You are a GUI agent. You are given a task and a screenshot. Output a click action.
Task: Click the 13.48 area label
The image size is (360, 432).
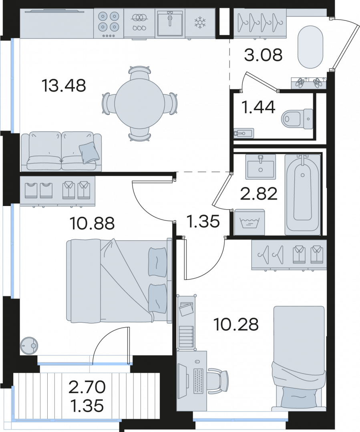tap(64, 85)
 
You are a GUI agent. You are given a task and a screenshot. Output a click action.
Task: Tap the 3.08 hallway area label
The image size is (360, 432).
tap(263, 55)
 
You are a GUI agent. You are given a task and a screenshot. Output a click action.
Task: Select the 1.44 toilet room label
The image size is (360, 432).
tap(258, 107)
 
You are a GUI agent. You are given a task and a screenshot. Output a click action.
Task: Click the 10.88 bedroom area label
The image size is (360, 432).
tap(92, 223)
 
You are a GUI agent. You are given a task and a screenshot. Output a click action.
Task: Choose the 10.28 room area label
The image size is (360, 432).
tap(236, 324)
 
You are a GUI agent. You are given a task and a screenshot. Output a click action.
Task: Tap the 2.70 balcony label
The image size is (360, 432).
tap(87, 387)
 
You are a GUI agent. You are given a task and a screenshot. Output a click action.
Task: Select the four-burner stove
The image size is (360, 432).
tap(109, 23)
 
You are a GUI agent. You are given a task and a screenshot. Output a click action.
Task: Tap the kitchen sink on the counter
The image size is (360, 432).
tap(170, 23)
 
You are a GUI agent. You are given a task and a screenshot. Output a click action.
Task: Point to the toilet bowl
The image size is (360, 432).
tap(297, 119)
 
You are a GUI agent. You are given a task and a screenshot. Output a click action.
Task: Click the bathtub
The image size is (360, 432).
tap(303, 194)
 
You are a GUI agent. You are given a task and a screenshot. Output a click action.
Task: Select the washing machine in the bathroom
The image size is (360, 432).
tap(249, 222)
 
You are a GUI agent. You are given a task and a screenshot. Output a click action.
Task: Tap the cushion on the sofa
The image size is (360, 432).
tap(89, 152)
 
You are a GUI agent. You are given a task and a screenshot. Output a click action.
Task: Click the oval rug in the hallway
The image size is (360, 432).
tap(310, 47)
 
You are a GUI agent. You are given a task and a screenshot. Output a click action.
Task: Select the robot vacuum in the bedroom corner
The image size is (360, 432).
tap(29, 345)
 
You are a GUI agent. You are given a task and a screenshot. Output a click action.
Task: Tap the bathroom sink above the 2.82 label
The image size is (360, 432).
tap(261, 166)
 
